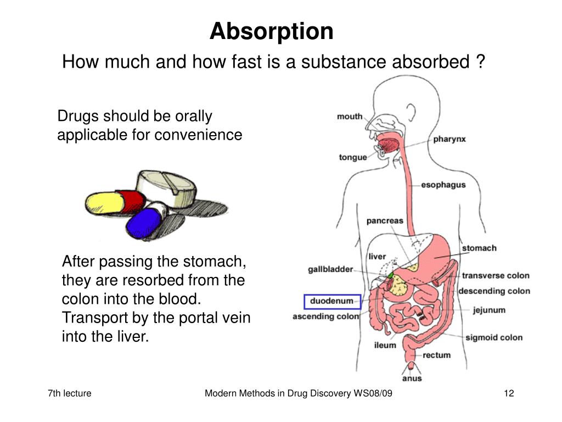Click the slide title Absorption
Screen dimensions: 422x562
tap(271, 31)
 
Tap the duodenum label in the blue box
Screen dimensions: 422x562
tap(331, 302)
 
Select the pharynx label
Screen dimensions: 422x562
tap(449, 139)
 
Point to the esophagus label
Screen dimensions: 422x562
tap(443, 185)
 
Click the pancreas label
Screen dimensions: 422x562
tap(385, 221)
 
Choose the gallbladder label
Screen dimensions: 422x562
tap(330, 270)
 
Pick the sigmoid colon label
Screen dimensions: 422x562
tap(494, 337)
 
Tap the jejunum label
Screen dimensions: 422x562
tap(489, 310)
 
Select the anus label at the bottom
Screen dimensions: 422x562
tap(412, 378)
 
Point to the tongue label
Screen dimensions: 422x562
tap(353, 158)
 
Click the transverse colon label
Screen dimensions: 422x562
tap(495, 276)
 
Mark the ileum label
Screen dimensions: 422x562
tap(385, 345)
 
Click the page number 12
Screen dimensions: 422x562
tap(508, 393)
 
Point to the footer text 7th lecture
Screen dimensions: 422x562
tap(70, 393)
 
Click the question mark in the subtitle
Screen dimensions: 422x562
tap(480, 62)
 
